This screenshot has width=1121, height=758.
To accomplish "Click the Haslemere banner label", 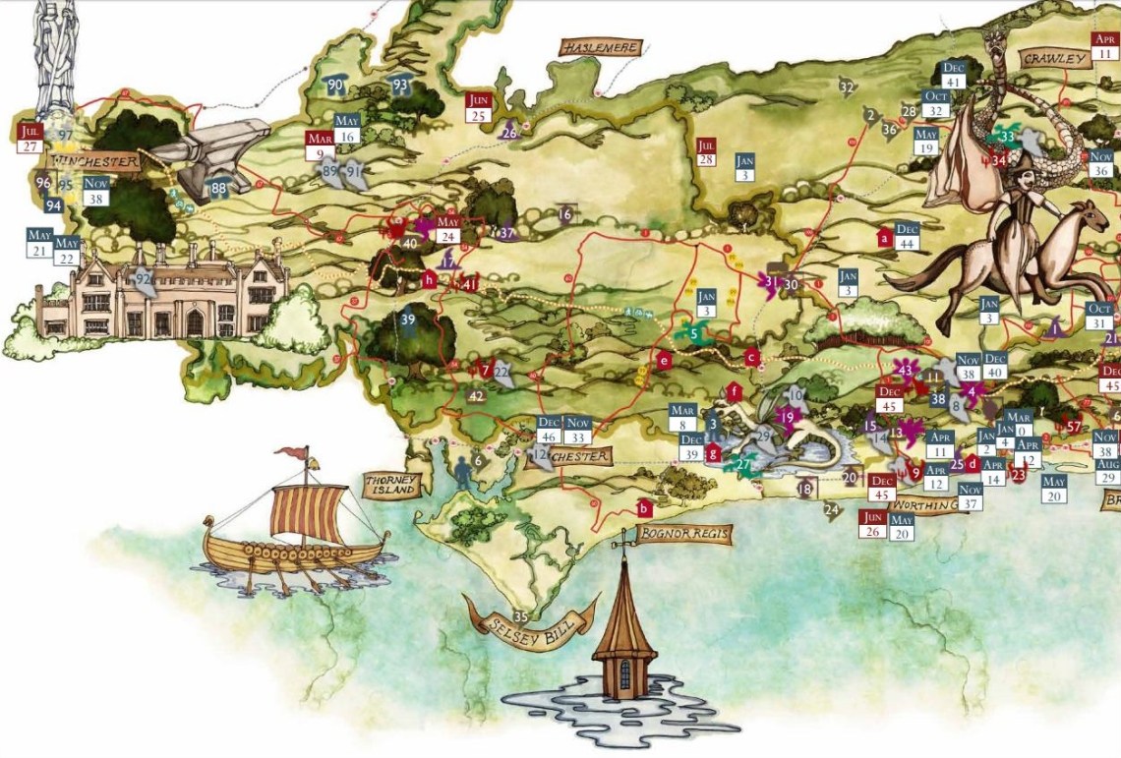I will point(601,47).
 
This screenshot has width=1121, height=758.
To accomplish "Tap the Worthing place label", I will point(923,505).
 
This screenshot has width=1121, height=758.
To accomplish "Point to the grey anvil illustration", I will point(211,157).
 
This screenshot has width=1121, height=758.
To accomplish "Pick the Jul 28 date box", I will point(706,151).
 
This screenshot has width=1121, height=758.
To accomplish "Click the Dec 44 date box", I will point(907,236).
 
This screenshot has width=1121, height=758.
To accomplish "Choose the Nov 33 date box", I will point(578,430).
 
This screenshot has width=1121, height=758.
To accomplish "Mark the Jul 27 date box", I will point(29,138).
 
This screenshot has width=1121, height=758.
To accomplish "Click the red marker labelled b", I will point(643,508).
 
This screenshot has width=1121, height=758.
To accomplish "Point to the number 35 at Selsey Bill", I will point(521,616).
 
